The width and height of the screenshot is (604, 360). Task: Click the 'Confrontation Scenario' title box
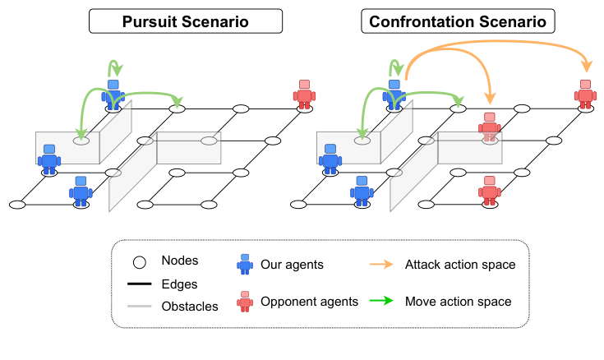pos(458,21)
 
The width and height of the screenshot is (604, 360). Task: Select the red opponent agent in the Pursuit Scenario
pos(305,95)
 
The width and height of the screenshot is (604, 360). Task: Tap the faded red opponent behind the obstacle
pos(490,127)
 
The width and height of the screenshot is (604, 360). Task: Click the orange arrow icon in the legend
pos(380,264)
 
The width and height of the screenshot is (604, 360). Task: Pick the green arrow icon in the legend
pos(380,302)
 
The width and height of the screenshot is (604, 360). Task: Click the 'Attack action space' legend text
pos(460,264)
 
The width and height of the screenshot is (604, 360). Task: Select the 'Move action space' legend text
pos(458,302)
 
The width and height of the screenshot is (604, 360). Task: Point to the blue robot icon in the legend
pos(245,264)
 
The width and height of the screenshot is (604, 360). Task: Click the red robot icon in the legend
pos(245,302)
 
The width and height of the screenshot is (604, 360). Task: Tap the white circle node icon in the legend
pos(140,263)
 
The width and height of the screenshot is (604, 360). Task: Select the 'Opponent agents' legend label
pos(309,302)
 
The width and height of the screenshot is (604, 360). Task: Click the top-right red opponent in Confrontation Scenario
pos(585,95)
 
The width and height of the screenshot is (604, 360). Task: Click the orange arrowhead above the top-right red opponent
pos(586,67)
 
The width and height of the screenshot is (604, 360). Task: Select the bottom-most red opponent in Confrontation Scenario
pos(490,190)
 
